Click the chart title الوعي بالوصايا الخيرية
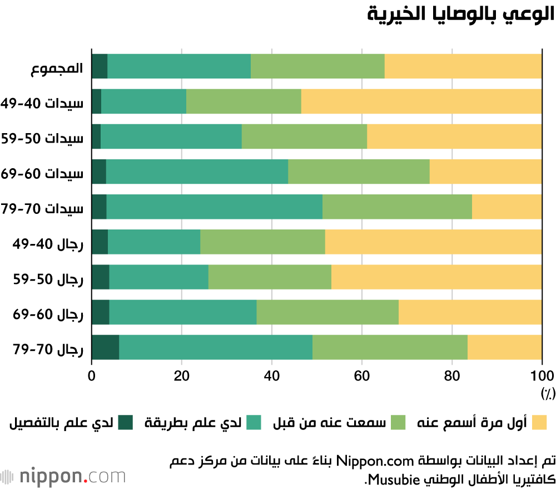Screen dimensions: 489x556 coord(461,14)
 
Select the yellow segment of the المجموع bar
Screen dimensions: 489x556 coord(463,66)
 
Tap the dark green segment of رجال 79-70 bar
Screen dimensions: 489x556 coord(105,347)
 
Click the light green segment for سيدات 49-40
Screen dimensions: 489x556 coord(244,101)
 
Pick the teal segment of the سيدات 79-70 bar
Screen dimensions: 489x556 coord(214,207)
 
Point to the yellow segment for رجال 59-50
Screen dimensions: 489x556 coord(436,277)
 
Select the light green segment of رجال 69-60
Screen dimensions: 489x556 coord(327,312)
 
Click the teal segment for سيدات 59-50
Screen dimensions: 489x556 coord(171,136)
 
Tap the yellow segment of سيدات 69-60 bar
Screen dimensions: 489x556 coord(485,172)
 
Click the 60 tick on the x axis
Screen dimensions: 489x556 coord(362,375)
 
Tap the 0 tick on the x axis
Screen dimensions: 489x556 coord(92,375)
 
